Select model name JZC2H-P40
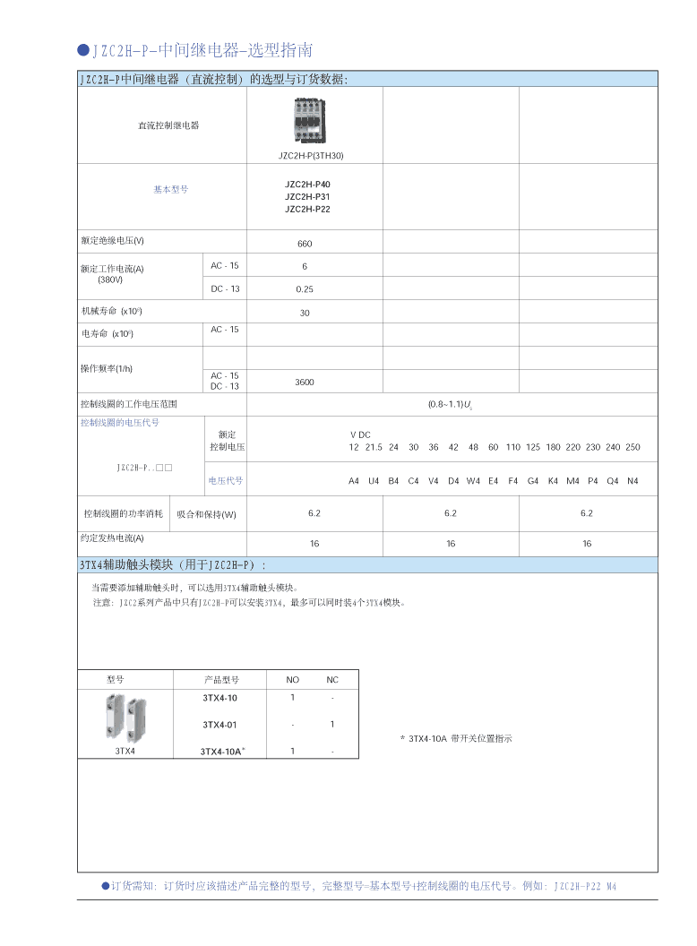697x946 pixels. click(x=307, y=184)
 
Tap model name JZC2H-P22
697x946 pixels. click(x=307, y=209)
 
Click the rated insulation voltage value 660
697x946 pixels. click(x=305, y=244)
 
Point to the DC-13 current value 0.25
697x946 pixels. click(x=305, y=289)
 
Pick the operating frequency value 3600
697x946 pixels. click(x=305, y=382)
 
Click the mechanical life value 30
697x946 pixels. click(x=305, y=314)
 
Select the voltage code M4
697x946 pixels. click(x=572, y=481)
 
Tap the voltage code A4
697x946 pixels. click(x=354, y=481)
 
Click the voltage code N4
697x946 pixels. click(x=632, y=481)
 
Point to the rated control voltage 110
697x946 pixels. click(x=512, y=447)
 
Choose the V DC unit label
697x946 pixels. click(x=360, y=434)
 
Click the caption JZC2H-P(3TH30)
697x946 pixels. click(x=310, y=156)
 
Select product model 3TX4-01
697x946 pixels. click(x=219, y=725)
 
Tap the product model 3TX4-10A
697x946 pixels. click(x=221, y=752)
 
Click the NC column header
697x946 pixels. click(x=332, y=680)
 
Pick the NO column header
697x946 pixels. click(x=293, y=680)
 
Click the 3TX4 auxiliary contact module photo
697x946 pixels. click(x=125, y=716)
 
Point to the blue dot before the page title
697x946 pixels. click(x=83, y=50)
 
